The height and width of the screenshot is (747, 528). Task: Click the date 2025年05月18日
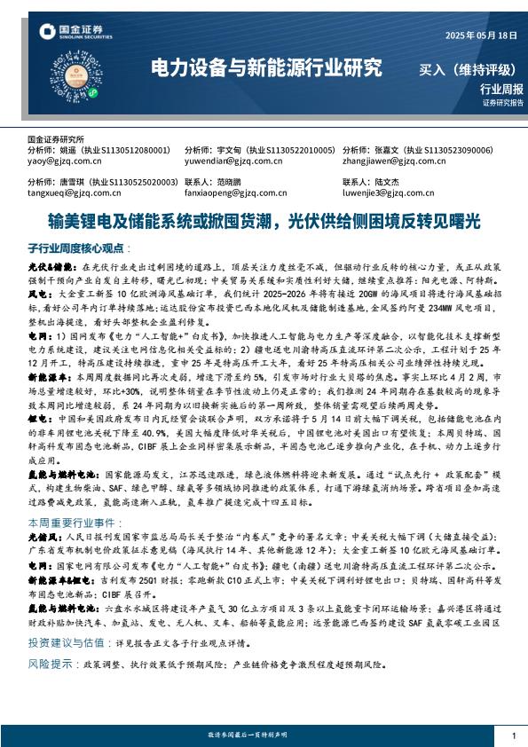point(478,35)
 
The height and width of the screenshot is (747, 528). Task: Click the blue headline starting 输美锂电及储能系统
point(264,218)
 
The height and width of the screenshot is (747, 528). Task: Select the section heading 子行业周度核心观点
point(78,248)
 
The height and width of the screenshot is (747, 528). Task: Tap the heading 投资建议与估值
point(64,641)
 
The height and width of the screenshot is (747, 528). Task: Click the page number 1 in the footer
point(514,736)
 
